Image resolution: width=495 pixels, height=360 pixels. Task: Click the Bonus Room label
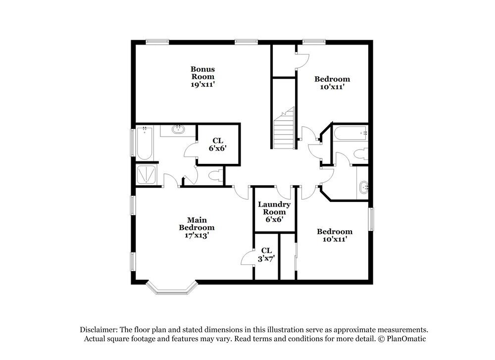click(x=203, y=73)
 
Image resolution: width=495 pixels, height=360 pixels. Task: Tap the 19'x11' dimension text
click(x=203, y=85)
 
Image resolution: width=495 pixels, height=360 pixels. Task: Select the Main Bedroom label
click(x=197, y=224)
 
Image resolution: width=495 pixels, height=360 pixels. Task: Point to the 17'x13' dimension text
click(x=197, y=236)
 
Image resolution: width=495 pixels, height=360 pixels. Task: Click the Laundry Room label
click(x=274, y=208)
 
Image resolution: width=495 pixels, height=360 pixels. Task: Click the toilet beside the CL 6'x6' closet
click(x=214, y=175)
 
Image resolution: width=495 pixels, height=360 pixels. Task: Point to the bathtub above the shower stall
click(x=144, y=143)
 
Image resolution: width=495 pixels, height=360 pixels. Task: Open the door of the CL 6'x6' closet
click(x=191, y=150)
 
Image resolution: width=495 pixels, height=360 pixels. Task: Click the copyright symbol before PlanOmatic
click(x=381, y=339)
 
